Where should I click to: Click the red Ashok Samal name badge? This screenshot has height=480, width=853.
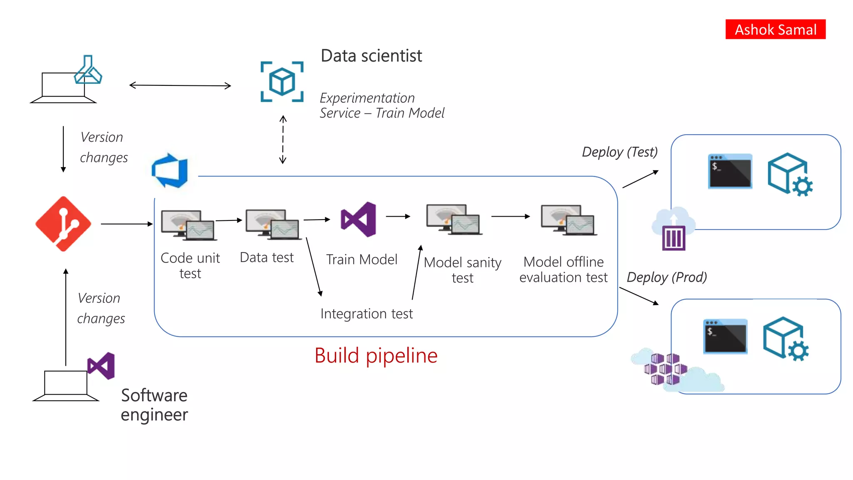[775, 30]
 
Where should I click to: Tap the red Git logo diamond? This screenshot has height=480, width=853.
[63, 224]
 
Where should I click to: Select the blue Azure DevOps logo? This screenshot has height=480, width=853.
[170, 170]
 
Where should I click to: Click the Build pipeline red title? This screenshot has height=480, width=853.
[376, 356]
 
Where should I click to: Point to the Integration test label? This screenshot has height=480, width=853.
[367, 314]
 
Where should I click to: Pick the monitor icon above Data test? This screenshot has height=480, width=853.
[273, 225]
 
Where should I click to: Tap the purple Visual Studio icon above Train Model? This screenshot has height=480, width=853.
[359, 219]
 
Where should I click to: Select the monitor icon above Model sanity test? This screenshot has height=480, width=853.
[454, 220]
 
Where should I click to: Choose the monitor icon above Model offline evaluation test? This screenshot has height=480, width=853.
[569, 220]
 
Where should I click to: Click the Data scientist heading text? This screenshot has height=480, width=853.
[371, 56]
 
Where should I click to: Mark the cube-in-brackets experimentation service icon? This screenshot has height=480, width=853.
[282, 82]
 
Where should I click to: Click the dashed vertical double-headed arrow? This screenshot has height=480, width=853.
[283, 140]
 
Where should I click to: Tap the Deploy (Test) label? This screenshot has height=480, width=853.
[619, 152]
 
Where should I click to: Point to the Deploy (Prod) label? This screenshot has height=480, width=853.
[666, 277]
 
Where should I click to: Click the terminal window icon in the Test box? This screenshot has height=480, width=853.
[730, 171]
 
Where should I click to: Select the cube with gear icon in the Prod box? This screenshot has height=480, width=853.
[786, 338]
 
